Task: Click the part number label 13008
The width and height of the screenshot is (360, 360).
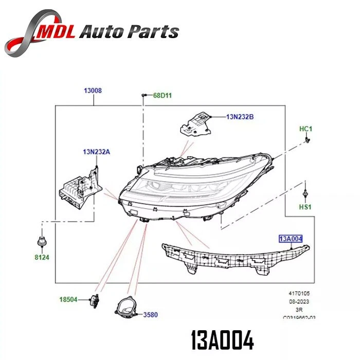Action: pyautogui.click(x=93, y=91)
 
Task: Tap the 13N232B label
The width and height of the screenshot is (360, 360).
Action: pyautogui.click(x=240, y=117)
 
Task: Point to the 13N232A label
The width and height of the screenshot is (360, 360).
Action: pyautogui.click(x=96, y=151)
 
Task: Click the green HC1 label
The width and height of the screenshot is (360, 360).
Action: pyautogui.click(x=306, y=128)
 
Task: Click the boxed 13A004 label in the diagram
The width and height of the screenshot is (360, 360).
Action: pyautogui.click(x=291, y=239)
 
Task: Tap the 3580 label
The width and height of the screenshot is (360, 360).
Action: pyautogui.click(x=151, y=313)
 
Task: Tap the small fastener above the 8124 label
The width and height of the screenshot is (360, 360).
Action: pyautogui.click(x=41, y=242)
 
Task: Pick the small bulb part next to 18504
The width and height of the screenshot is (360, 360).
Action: pyautogui.click(x=94, y=299)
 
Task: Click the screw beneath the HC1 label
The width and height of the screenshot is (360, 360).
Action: pyautogui.click(x=307, y=139)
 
